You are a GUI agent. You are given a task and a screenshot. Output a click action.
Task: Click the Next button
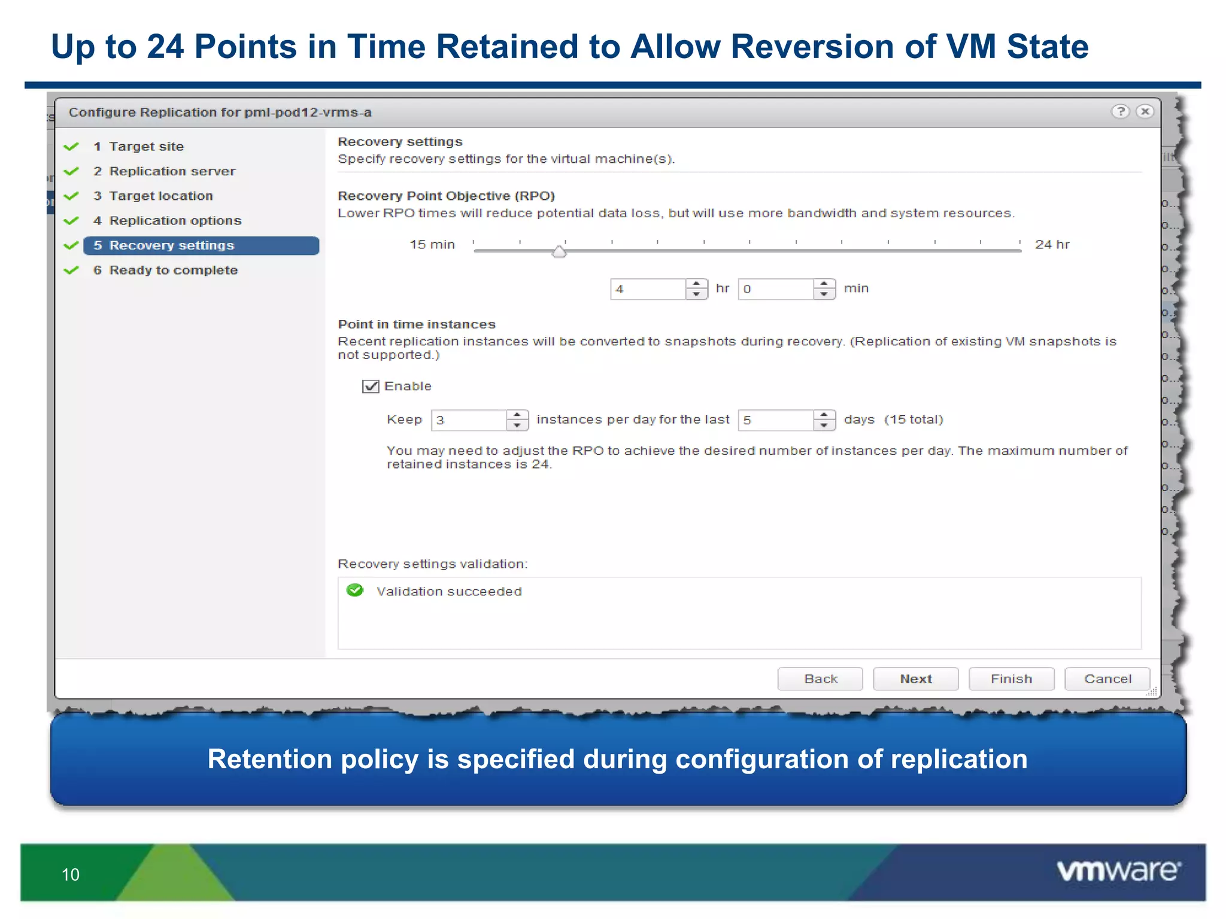pos(915,678)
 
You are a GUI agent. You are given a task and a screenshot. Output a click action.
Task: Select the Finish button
pos(1011,678)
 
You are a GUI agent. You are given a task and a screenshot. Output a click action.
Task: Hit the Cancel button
pos(1107,678)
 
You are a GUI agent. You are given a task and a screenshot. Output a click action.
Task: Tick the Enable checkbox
pos(371,386)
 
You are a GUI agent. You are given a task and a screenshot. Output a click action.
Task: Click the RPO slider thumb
pos(559,251)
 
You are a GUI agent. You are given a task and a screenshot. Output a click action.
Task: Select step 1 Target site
pos(146,147)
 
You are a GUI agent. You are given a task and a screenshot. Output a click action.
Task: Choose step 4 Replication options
pos(175,221)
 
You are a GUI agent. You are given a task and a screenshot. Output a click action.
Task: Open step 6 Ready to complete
pos(173,270)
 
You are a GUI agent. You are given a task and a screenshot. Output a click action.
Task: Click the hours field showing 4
pos(648,289)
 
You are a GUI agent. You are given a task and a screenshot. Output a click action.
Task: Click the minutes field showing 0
pos(776,289)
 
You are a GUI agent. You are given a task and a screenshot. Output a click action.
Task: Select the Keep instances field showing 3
pos(469,420)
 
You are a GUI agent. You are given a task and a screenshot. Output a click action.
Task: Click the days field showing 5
pos(776,420)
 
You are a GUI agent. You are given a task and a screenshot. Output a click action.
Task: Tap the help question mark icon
pos(1120,111)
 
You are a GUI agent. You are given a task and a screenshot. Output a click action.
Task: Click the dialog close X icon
pos(1145,111)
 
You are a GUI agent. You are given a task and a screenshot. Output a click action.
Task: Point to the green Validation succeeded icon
pos(355,591)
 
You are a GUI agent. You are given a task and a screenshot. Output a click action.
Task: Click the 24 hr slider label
pos(1052,245)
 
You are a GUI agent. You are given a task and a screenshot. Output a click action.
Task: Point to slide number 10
pos(71,875)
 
